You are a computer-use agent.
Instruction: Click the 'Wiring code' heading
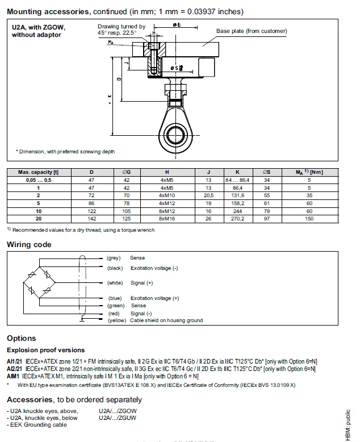(x=29, y=245)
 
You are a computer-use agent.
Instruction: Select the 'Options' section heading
(x=22, y=339)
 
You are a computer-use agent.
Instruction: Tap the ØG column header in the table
(x=127, y=172)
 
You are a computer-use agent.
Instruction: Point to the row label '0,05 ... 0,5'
(x=38, y=180)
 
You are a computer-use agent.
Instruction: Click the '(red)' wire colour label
(x=114, y=314)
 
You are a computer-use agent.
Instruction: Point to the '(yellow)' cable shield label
(x=116, y=320)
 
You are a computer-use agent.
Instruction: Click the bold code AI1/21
(x=14, y=361)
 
